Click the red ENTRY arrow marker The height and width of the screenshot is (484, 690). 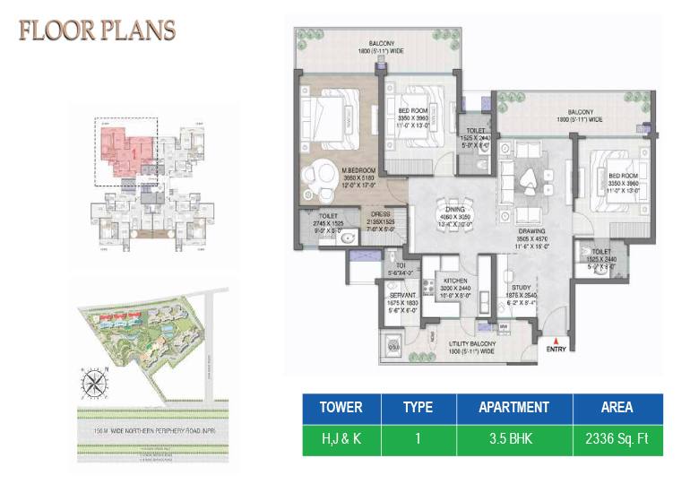click(x=557, y=341)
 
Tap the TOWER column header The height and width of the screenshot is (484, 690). click(x=341, y=407)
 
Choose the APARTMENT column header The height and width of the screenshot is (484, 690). click(x=513, y=407)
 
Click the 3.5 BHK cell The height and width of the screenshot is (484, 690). click(x=513, y=440)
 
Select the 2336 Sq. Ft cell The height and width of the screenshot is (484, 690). click(x=618, y=440)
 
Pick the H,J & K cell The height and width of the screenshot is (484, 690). click(x=341, y=440)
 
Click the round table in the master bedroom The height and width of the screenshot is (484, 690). click(x=319, y=174)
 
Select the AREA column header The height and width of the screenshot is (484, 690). click(x=618, y=407)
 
